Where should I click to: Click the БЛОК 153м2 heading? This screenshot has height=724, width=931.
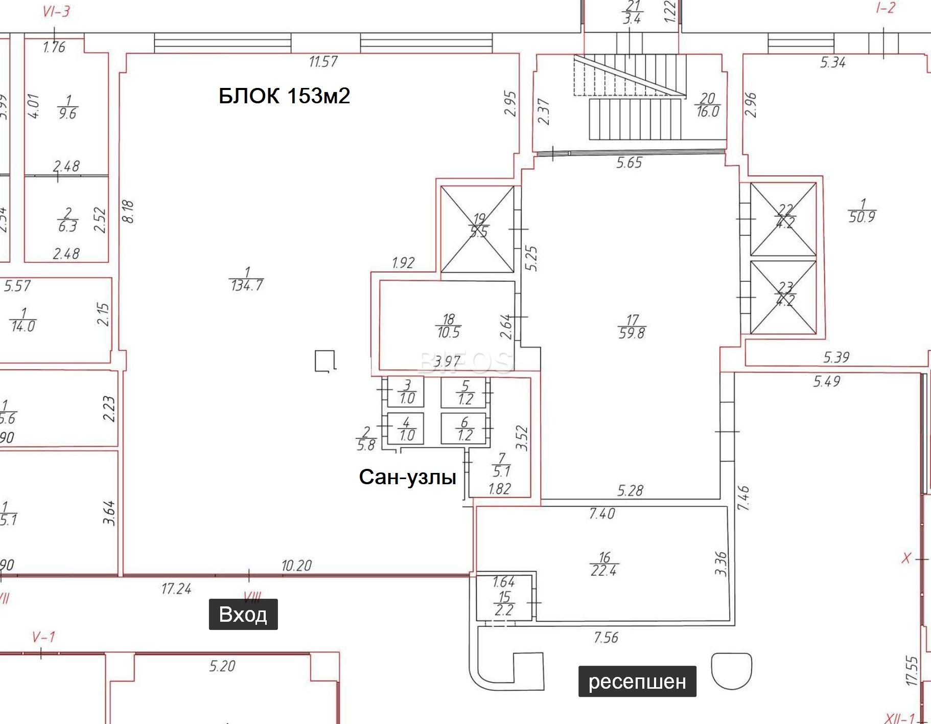coord(284,96)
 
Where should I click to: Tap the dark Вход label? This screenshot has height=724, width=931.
coord(243,614)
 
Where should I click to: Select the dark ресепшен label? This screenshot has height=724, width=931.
coord(637,681)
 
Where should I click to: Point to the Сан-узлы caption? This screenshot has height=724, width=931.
coord(407,477)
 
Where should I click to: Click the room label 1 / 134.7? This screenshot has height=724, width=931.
coord(247,279)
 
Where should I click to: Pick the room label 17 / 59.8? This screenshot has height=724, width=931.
coord(632,327)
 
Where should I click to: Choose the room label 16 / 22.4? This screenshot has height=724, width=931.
coord(604,564)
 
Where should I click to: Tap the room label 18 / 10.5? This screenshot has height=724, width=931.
coord(448,326)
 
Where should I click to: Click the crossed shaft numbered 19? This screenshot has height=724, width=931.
coord(477,229)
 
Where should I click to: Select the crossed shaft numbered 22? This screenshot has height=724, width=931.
coord(783,218)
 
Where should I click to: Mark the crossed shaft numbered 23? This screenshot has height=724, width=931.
coord(783,297)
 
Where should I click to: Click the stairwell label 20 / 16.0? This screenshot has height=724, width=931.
coord(708,105)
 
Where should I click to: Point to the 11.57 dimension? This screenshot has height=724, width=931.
coord(323,62)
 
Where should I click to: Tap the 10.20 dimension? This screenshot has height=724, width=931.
coord(296,565)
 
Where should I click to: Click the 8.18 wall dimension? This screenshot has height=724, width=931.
coord(128,211)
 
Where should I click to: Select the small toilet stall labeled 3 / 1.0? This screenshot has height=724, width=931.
coord(406,392)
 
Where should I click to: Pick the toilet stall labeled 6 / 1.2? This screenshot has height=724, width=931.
coord(464,429)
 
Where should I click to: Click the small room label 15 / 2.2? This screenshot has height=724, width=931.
coord(504,603)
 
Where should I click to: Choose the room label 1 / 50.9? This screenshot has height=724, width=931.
coord(862,211)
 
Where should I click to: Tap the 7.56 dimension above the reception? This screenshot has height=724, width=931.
coord(606,638)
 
